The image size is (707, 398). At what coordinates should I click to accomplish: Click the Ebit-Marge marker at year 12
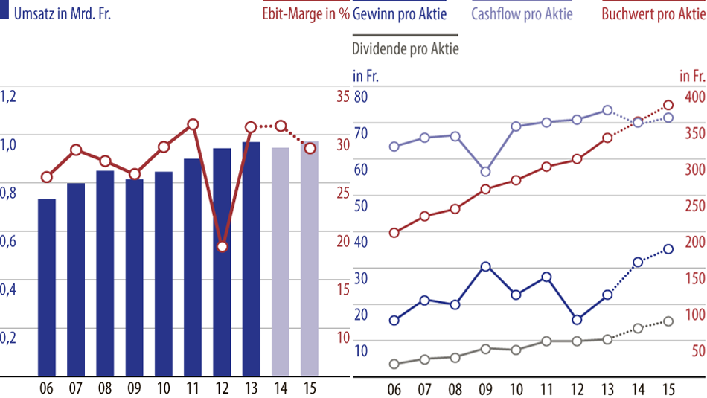222,246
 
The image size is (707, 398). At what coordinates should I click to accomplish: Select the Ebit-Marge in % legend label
306,14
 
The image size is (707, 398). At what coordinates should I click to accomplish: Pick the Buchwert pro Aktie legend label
653,14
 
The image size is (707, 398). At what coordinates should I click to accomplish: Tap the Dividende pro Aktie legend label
405,49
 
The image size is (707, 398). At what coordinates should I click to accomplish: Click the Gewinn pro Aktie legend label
400,14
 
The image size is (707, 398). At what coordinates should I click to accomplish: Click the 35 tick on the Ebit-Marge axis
342,97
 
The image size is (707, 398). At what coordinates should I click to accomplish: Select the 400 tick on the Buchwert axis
694,97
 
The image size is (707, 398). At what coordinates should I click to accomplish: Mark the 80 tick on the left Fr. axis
360,97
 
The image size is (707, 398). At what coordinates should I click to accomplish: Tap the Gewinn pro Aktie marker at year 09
485,266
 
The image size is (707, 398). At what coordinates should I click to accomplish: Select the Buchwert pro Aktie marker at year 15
668,106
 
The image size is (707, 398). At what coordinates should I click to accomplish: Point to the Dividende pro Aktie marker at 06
394,364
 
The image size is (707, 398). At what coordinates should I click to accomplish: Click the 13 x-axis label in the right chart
607,388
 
